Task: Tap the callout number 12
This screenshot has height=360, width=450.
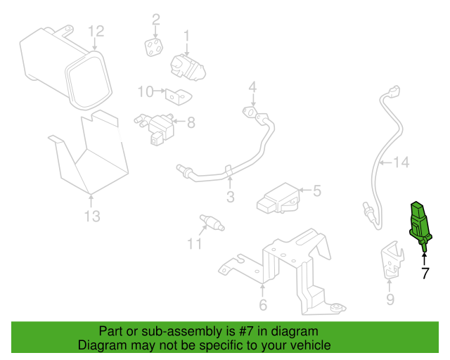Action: click(x=96, y=32)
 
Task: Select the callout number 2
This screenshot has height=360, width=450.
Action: click(x=156, y=20)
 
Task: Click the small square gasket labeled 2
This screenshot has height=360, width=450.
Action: click(x=154, y=48)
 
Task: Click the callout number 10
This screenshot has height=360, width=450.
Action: click(x=146, y=91)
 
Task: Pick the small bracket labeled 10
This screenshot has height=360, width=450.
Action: click(x=178, y=96)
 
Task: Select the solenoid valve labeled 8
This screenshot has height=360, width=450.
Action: click(x=155, y=129)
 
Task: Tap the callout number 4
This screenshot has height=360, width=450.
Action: click(x=252, y=88)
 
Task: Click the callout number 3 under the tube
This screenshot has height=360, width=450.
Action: click(x=231, y=197)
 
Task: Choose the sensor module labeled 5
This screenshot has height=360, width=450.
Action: click(x=278, y=198)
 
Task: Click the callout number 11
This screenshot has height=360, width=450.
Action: click(x=194, y=244)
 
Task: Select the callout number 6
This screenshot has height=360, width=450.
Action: click(x=263, y=304)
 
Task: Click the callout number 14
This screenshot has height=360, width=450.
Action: click(x=401, y=162)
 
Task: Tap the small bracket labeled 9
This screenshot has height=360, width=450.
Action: click(x=392, y=260)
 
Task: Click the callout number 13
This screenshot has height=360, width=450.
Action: click(x=92, y=216)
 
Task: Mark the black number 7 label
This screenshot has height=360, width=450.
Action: click(x=425, y=273)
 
